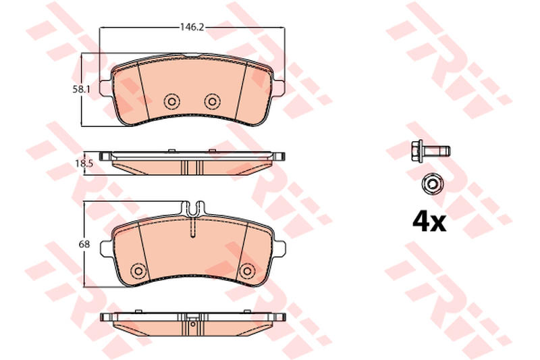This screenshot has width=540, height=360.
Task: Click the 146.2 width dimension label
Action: pos(192,27)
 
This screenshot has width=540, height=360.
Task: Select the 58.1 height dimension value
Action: pos(81,90)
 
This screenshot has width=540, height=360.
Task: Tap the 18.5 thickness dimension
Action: pos(84,163)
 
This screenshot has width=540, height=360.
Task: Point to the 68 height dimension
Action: pos(84,245)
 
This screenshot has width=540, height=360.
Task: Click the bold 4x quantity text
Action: pos(429,222)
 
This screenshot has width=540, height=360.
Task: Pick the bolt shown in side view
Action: pos(431,151)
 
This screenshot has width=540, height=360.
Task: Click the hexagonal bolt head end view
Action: pos(432,184)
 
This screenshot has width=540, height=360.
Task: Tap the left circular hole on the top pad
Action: pos(172,101)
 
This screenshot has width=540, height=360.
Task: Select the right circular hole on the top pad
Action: pos(212,101)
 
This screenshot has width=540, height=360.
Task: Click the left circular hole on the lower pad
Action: pos(139,270)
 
